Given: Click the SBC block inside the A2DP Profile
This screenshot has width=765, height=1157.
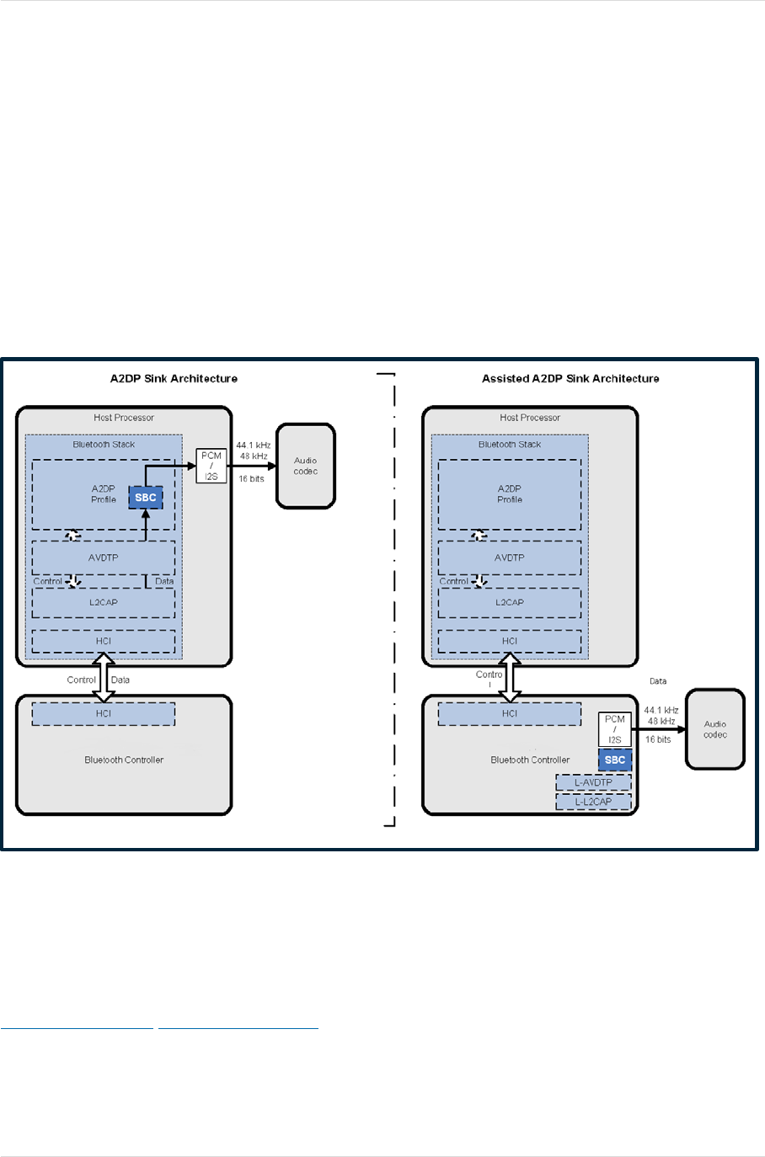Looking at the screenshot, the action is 146,498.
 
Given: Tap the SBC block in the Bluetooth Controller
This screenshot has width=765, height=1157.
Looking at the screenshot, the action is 615,760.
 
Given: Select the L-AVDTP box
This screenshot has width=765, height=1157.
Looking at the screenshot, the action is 593,782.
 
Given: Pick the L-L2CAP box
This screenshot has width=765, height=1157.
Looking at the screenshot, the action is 593,802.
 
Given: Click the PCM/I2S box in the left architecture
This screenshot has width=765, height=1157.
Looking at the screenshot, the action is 211,466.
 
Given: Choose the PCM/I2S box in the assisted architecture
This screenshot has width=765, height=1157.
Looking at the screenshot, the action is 614,729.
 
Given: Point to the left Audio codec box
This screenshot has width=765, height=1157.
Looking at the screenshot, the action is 306,466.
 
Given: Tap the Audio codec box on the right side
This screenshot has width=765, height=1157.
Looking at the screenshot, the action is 715,729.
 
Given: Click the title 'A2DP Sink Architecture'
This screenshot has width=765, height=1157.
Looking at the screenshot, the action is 174,379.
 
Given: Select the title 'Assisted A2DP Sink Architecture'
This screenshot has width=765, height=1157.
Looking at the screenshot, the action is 570,379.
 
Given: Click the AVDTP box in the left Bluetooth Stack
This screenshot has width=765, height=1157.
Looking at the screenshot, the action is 104,557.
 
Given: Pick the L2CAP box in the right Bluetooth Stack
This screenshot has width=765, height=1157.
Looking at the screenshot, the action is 510,603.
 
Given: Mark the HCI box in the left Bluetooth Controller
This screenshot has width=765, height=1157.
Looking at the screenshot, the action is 104,714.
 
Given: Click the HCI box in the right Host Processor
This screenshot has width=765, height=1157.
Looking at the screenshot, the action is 510,641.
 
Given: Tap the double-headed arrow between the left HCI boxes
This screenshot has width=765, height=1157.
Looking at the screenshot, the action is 104,677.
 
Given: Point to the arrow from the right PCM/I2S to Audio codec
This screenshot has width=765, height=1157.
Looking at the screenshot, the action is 659,729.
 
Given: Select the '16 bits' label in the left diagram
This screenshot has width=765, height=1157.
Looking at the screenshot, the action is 251,479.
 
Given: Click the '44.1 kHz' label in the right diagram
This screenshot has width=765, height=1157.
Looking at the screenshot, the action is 661,710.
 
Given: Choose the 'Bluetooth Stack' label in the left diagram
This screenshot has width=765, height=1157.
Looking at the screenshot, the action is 104,445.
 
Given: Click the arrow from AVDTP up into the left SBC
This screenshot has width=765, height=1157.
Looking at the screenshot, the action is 146,525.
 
